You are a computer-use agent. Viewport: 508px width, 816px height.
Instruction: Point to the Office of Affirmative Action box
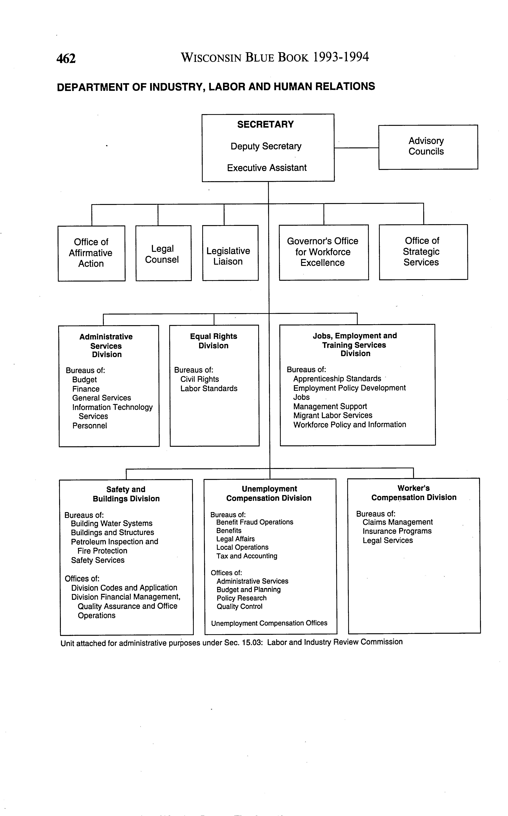[91, 253]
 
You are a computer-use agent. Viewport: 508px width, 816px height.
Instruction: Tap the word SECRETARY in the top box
[265, 125]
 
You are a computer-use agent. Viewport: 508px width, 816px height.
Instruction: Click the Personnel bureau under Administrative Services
[90, 426]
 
